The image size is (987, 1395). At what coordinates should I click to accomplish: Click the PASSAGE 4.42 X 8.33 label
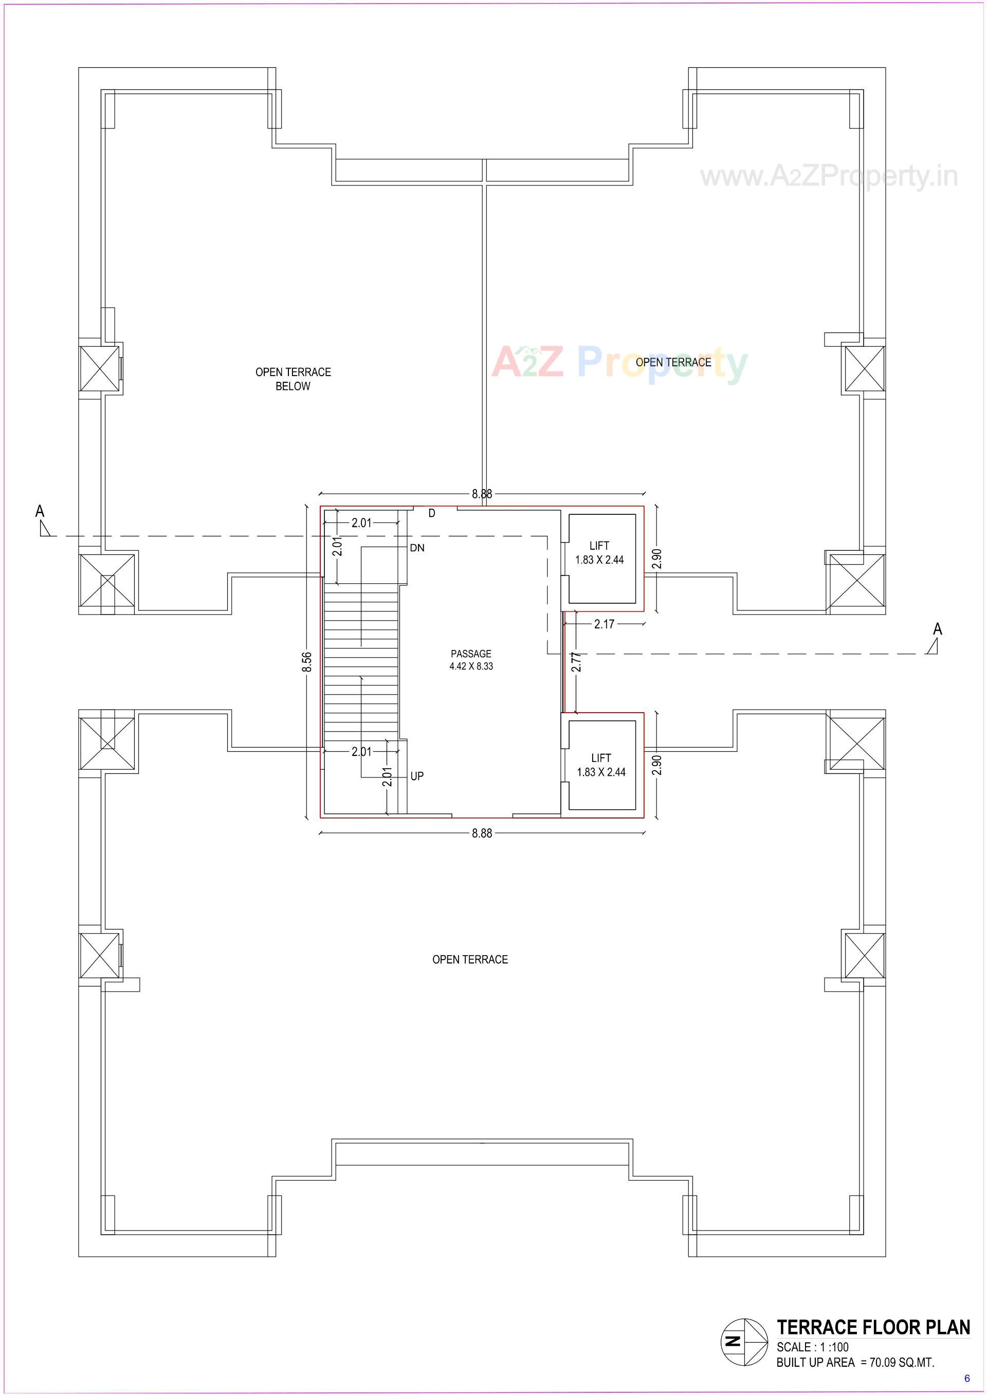[471, 660]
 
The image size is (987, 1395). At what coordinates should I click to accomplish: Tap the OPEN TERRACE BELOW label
[293, 379]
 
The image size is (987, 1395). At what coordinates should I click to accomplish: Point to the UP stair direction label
[417, 776]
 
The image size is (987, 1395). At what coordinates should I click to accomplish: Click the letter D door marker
[431, 513]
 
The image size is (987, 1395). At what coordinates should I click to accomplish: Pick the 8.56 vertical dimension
[307, 662]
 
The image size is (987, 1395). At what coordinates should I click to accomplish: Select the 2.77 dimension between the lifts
[577, 661]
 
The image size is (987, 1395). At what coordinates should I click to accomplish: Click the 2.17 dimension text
[604, 624]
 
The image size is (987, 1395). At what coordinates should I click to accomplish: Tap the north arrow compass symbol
[744, 1342]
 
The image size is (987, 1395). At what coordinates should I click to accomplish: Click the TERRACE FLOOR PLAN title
[873, 1328]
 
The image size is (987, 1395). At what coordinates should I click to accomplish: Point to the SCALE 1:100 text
[813, 1347]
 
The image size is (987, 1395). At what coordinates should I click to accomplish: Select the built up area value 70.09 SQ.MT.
[901, 1363]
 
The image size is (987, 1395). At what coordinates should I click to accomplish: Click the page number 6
[967, 1379]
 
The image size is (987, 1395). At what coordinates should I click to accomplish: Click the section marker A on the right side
[937, 629]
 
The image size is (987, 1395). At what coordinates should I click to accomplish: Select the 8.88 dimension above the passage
[482, 494]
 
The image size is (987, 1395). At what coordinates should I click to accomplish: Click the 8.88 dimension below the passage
[482, 833]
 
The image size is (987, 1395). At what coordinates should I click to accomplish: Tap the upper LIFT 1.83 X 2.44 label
[599, 553]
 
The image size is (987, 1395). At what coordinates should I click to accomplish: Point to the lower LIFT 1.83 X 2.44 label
[601, 765]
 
